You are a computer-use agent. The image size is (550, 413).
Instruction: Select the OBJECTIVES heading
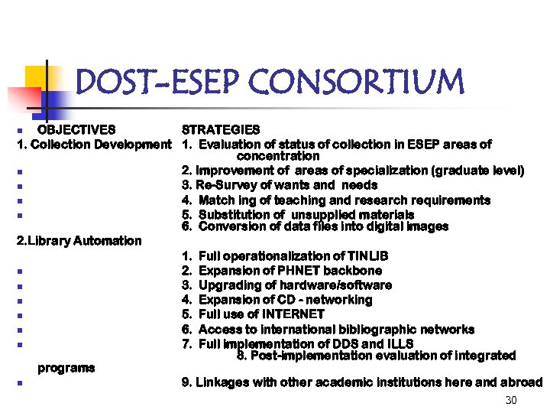click(76, 130)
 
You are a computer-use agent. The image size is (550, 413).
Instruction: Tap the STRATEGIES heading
click(221, 130)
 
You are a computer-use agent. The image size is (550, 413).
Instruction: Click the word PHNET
click(300, 271)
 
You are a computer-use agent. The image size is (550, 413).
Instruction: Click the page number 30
click(511, 402)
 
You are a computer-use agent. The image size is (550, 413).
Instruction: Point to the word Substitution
click(233, 215)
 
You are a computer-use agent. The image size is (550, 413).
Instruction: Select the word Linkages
click(222, 382)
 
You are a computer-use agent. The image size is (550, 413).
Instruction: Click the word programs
click(66, 368)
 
